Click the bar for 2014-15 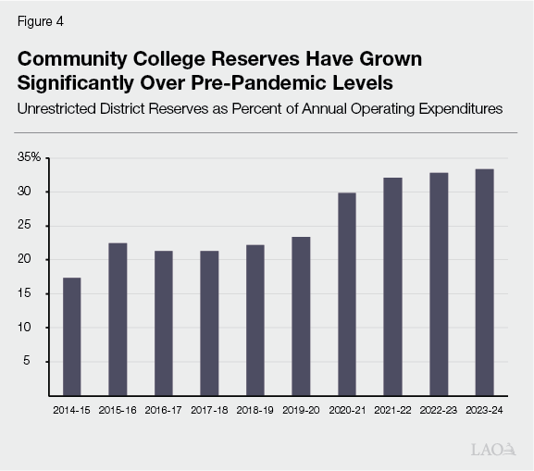coord(71,336)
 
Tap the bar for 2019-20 coord(301,316)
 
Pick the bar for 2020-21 coord(347,293)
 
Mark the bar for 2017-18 coord(209,323)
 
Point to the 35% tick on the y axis coord(29,158)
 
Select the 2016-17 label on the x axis coord(164,408)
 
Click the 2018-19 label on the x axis coord(255,408)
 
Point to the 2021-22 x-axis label coord(392,408)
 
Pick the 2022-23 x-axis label coord(439,408)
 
